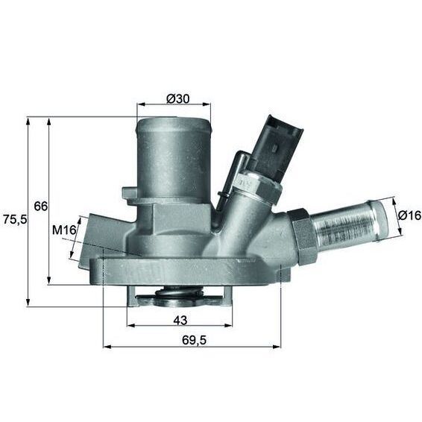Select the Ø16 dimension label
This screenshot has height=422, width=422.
(409, 215)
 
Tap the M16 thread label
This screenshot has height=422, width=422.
(65, 230)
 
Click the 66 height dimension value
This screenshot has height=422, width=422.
(41, 205)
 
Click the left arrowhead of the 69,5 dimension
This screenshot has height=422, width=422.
(104, 347)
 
